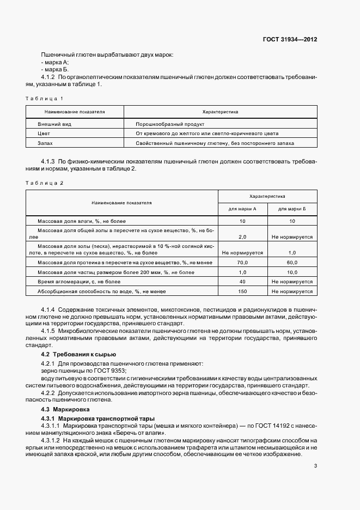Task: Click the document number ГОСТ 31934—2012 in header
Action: pos(290,40)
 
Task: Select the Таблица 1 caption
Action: pos(45,98)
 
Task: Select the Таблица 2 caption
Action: pos(45,183)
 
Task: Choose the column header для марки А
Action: pos(242,209)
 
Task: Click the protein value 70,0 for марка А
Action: pos(242,263)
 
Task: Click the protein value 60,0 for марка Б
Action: pos(292,263)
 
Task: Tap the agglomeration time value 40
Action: pos(242,282)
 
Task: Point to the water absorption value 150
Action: pos(242,292)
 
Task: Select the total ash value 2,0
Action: pos(242,238)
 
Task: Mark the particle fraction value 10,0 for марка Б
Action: pos(292,272)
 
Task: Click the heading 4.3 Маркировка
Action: pos(64,409)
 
